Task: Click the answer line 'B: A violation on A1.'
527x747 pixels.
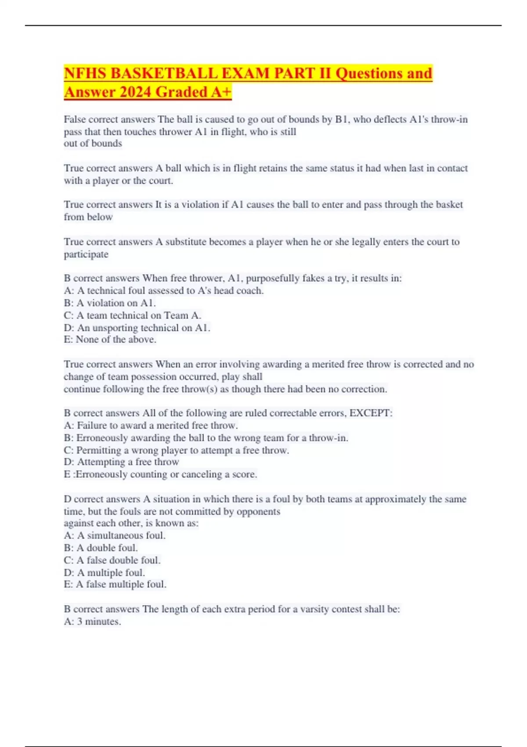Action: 110,303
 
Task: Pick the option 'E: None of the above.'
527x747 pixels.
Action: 110,339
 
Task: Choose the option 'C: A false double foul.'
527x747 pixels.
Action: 112,560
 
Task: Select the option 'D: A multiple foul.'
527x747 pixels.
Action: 104,573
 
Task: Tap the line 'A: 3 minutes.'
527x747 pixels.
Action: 92,621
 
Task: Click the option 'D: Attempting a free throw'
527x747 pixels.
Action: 121,462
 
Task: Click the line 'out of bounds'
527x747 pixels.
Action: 93,143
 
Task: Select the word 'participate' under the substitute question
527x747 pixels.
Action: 86,254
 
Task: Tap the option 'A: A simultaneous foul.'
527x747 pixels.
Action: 115,535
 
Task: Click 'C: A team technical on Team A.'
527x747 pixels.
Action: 133,315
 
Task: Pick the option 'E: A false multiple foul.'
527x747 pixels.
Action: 115,584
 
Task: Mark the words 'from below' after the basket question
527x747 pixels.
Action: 88,217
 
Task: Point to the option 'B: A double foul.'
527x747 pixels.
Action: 101,548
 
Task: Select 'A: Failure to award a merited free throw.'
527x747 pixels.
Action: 151,425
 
